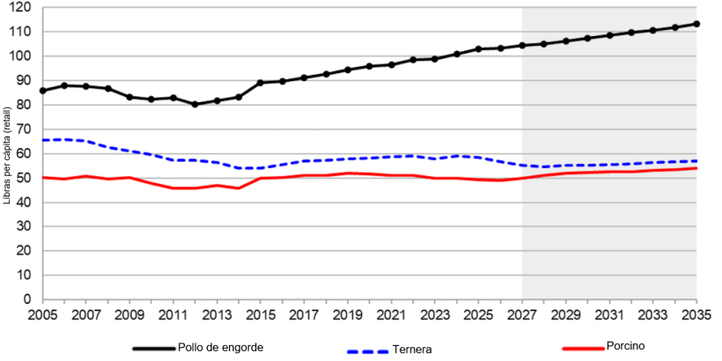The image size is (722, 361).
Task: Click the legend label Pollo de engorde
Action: (x=219, y=348)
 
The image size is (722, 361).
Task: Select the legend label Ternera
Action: (x=412, y=350)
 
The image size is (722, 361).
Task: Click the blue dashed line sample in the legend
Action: (x=367, y=350)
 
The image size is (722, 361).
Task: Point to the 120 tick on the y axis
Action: (x=21, y=7)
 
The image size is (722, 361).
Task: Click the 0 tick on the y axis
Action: (x=28, y=299)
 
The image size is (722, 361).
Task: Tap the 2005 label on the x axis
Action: (x=42, y=313)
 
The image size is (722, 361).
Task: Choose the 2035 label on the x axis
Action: (x=696, y=313)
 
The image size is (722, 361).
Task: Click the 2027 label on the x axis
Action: (x=522, y=313)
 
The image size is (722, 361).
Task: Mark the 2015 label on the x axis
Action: (x=261, y=313)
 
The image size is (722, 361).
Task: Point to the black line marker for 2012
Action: (x=195, y=104)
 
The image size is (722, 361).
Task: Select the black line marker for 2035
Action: (x=696, y=24)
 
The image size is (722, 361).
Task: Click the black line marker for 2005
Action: (x=42, y=91)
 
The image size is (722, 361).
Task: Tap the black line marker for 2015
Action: (x=261, y=83)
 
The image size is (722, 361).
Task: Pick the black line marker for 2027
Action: (x=522, y=45)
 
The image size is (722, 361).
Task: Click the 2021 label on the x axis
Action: (x=391, y=313)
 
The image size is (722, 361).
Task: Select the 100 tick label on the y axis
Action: (x=21, y=55)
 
